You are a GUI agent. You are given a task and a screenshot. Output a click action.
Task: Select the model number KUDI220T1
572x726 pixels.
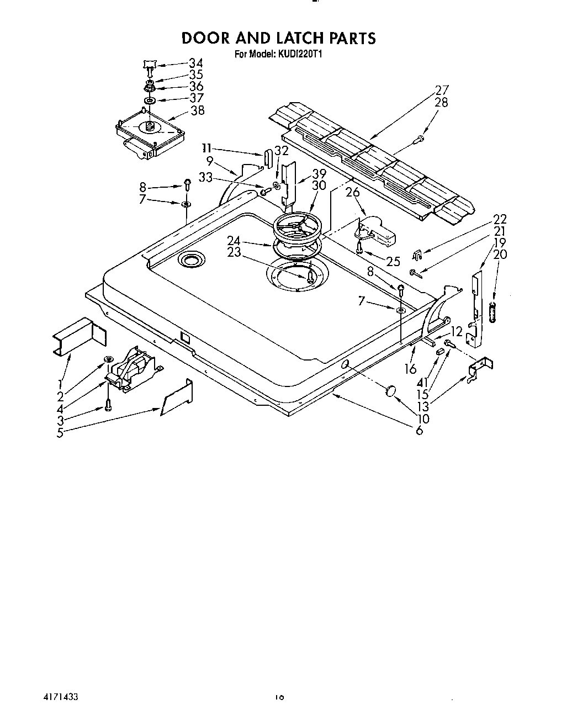[x=299, y=54]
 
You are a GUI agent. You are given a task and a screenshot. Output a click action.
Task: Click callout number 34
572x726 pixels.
[x=195, y=63]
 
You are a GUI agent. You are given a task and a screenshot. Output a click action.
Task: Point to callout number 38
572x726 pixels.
[x=197, y=110]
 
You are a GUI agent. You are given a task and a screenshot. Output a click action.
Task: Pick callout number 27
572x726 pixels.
[x=442, y=90]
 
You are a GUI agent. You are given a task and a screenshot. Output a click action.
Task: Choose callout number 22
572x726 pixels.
[x=499, y=219]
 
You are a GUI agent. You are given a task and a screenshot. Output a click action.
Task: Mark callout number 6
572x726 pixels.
[x=419, y=430]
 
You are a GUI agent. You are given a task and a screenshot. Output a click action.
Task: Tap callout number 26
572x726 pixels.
[x=352, y=192]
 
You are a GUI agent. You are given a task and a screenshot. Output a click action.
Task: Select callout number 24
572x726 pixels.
[x=234, y=240]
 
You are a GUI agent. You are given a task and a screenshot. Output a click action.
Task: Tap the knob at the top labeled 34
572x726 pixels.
[x=149, y=66]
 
